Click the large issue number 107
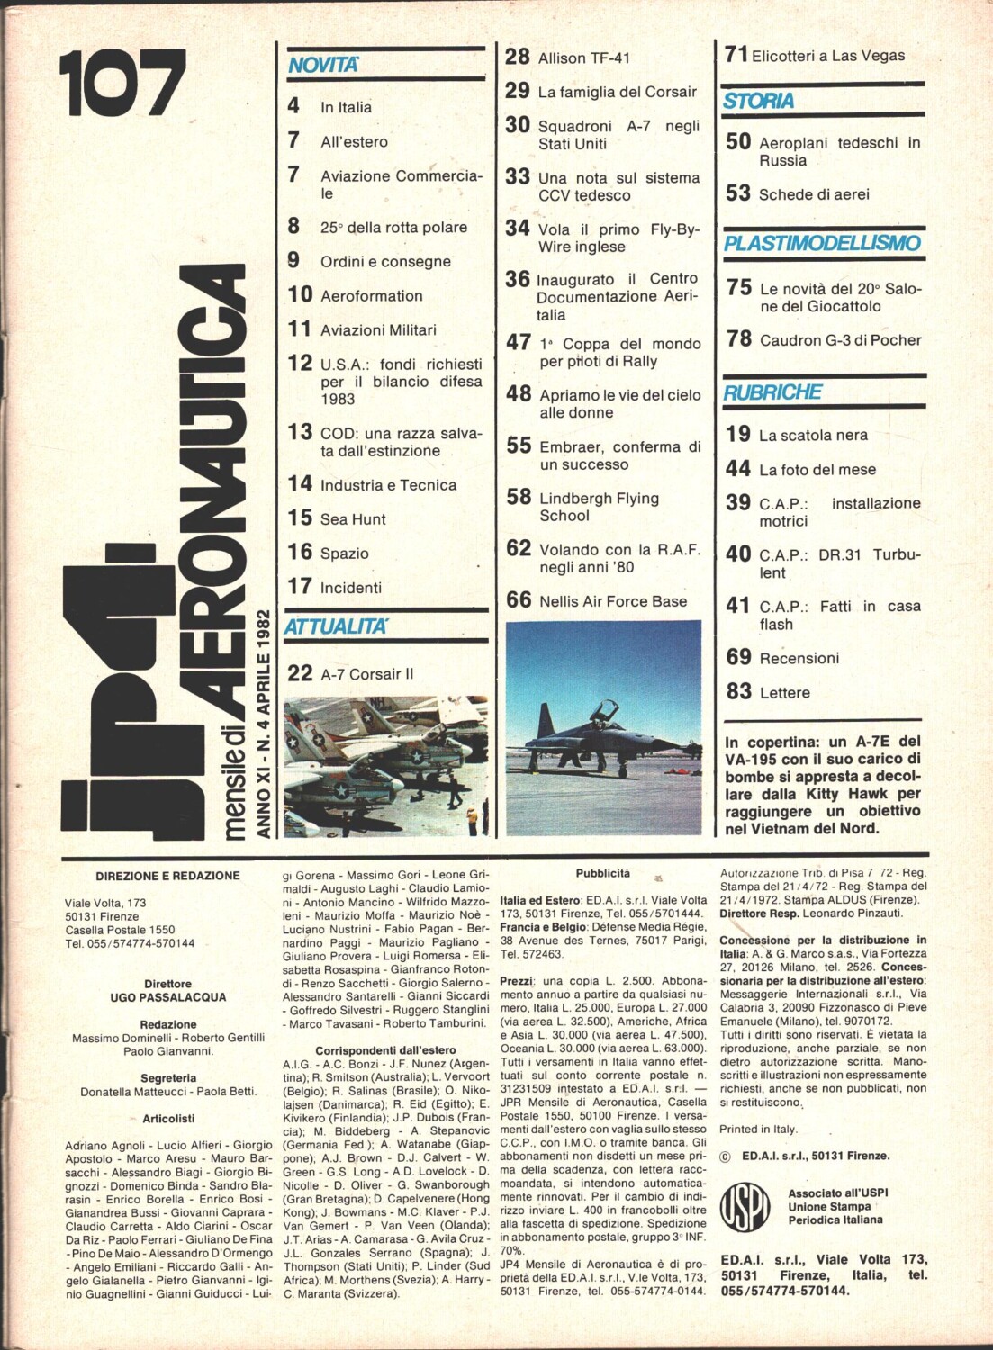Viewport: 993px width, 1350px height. (x=122, y=83)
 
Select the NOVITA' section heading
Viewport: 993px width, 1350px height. (x=323, y=65)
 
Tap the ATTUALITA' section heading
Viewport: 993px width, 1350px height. (x=336, y=626)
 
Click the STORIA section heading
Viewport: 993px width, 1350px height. (x=758, y=101)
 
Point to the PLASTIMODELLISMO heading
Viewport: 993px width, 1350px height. (x=822, y=243)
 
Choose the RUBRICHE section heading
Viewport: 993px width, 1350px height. (x=772, y=392)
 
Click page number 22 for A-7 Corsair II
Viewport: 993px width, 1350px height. (x=300, y=673)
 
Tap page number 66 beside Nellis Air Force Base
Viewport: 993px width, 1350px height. (x=519, y=600)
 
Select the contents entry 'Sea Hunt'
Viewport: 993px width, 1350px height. (x=353, y=519)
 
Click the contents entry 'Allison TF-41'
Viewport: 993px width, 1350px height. (x=584, y=58)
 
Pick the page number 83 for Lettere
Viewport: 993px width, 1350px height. (x=738, y=691)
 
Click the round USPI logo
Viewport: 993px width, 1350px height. (x=745, y=1206)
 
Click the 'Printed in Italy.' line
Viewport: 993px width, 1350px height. (x=758, y=1129)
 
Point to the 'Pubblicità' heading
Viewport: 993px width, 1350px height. (x=603, y=873)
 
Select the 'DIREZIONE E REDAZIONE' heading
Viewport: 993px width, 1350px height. (x=167, y=876)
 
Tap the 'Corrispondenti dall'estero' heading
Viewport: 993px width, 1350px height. (x=385, y=1050)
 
